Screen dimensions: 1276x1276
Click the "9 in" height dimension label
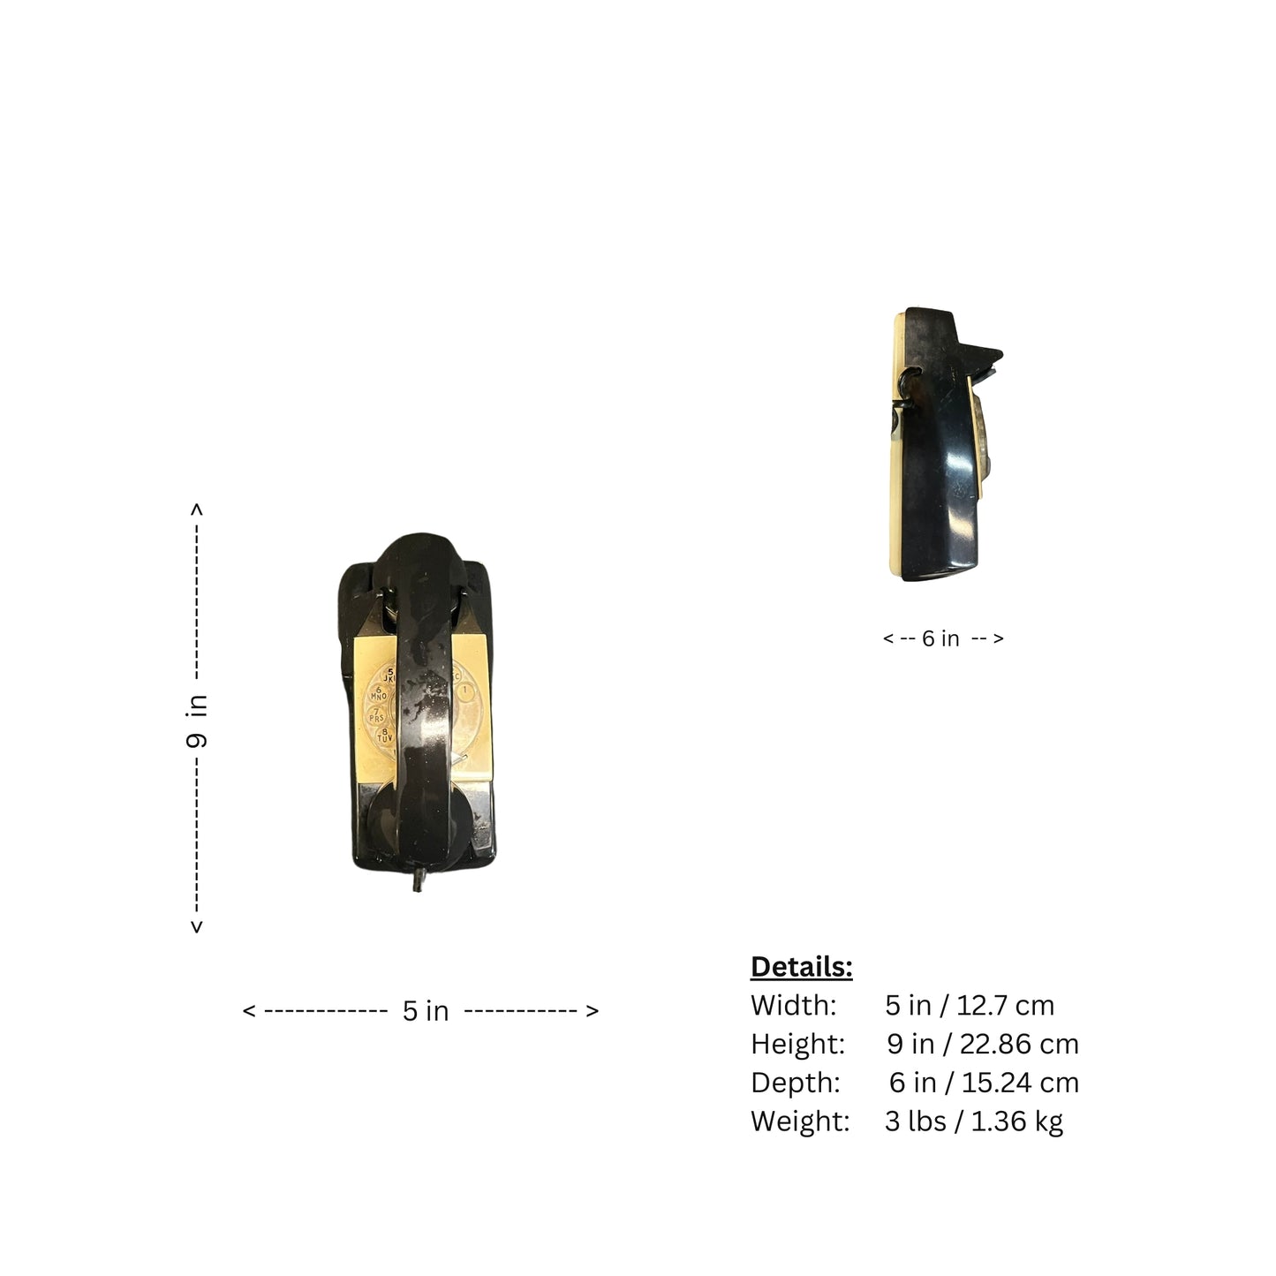[197, 721]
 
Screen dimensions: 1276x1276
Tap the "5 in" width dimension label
[426, 1011]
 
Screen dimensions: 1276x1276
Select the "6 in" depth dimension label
[940, 638]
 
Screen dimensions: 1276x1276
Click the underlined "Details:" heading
[801, 967]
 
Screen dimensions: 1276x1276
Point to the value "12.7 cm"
[1005, 1006]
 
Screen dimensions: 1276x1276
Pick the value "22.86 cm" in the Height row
[1019, 1045]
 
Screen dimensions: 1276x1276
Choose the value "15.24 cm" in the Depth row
[1020, 1083]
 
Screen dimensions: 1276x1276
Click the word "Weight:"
[800, 1121]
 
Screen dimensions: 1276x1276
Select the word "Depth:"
[796, 1083]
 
